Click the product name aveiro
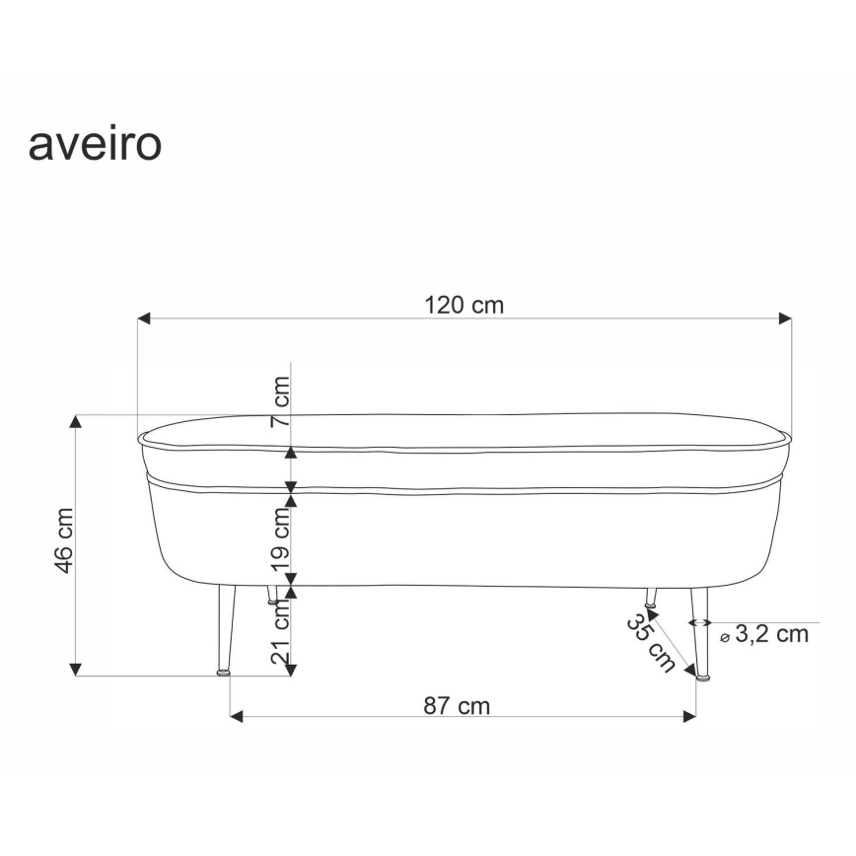click(95, 144)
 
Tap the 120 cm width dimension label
click(464, 305)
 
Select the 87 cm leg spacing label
click(457, 706)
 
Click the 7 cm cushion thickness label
click(281, 400)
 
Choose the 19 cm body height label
click(281, 535)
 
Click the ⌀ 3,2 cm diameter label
click(764, 634)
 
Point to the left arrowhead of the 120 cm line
click(143, 319)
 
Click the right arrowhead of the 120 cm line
click(786, 319)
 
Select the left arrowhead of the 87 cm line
click(236, 717)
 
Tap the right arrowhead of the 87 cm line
click(689, 717)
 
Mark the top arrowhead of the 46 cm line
click(76, 421)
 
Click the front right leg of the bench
click(698, 631)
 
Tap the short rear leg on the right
click(651, 596)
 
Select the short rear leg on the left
click(272, 594)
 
